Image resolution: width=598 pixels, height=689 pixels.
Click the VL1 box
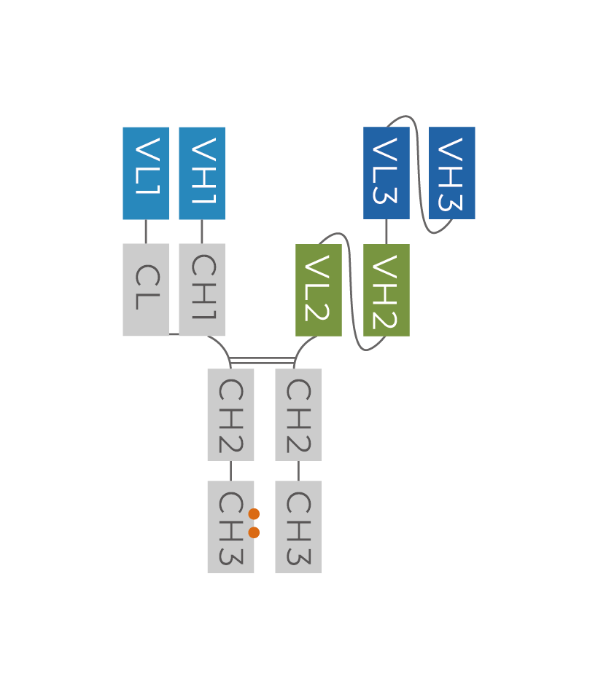[146, 173]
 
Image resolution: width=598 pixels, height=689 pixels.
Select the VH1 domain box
[202, 173]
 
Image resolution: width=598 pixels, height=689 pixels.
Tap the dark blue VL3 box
[387, 173]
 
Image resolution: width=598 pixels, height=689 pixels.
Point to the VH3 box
[452, 173]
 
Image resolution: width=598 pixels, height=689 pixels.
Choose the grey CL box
[146, 290]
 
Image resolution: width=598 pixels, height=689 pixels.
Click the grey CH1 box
[202, 290]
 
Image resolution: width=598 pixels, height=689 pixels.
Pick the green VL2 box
[319, 290]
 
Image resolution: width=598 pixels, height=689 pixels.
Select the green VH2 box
[387, 290]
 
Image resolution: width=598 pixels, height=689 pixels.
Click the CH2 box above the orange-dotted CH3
[230, 414]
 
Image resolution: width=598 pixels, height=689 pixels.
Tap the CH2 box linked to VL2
[298, 414]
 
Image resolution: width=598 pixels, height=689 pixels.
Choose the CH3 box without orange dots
[298, 527]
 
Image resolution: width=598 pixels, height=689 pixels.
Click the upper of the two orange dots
[254, 514]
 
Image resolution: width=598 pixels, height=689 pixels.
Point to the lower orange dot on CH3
[254, 532]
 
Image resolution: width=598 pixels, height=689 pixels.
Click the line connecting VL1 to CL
[146, 232]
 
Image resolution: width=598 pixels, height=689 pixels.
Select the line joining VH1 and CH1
[202, 232]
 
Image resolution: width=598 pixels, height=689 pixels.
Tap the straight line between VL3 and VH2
[387, 232]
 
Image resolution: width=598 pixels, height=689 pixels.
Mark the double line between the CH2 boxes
[263, 361]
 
